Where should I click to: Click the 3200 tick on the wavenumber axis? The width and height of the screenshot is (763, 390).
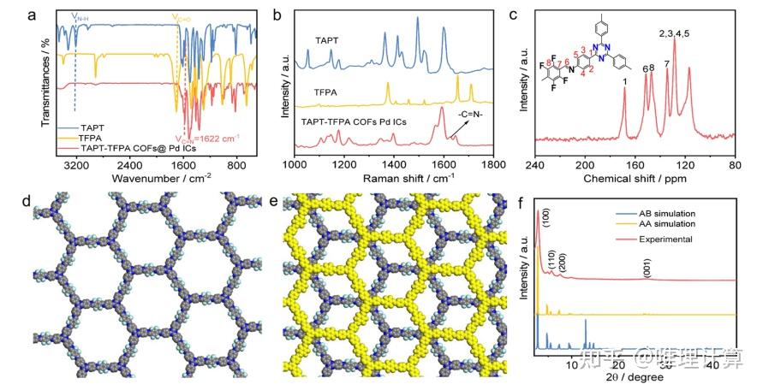pos(75,167)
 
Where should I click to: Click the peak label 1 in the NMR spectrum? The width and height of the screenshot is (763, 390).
pos(624,80)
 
